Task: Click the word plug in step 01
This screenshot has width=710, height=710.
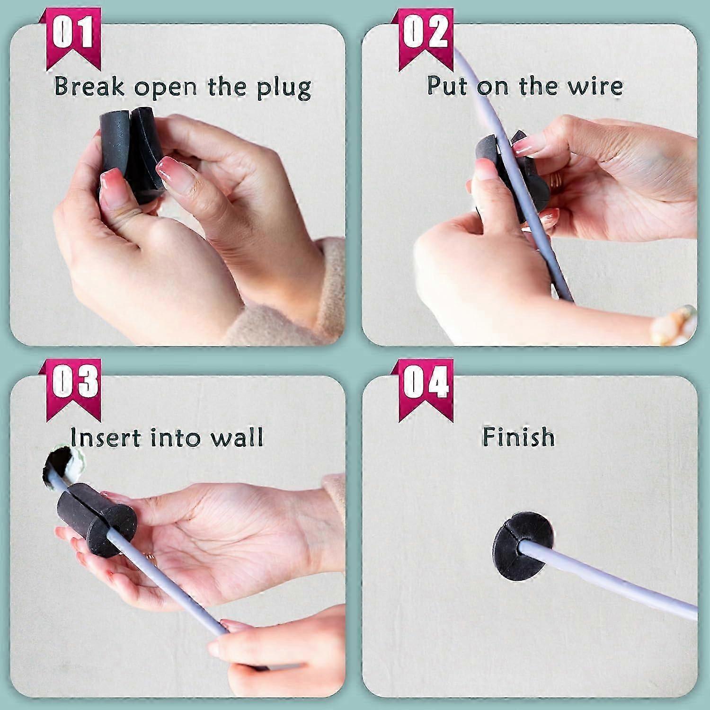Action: pos(284,88)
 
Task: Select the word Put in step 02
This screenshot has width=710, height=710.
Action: pos(447,86)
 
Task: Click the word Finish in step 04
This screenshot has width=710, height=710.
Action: pos(518,436)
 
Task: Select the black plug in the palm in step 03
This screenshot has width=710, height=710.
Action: pos(92,523)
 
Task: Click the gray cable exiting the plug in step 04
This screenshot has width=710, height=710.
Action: pos(615,577)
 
